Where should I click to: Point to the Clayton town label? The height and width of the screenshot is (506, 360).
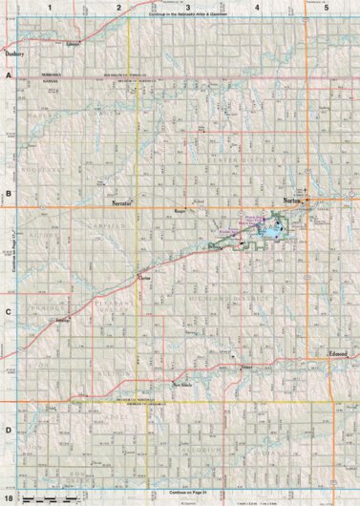coord(146,278)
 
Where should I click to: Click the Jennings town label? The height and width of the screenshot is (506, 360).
coord(64,321)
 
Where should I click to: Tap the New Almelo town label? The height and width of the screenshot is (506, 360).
coord(183,385)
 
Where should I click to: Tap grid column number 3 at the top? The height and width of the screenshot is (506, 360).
coord(188,7)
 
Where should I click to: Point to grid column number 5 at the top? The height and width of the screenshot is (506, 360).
coord(327,7)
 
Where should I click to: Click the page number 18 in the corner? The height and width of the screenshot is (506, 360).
coord(9,498)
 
